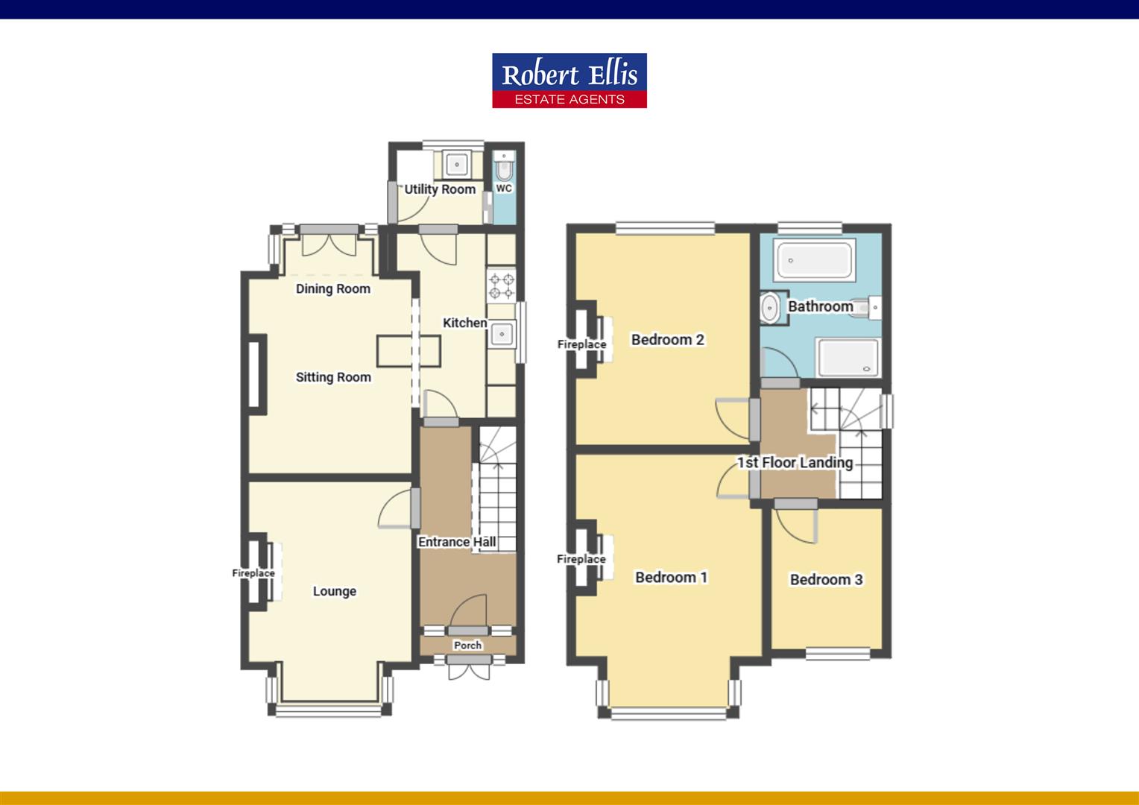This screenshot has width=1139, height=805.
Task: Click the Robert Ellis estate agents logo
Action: coord(569,80)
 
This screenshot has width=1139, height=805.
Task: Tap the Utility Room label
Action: coord(440,189)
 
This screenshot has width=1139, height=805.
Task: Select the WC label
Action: coord(504,189)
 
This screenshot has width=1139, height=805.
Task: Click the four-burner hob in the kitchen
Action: coord(501,286)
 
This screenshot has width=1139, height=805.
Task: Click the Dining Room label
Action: coord(332,288)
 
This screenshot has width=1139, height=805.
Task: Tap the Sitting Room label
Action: coord(333,377)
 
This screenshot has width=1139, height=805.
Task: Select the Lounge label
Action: coord(334,591)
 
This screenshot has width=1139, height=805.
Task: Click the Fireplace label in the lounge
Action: coord(253,573)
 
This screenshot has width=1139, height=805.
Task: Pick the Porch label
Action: coord(467,645)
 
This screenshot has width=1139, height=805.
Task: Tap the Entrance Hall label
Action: coord(456,542)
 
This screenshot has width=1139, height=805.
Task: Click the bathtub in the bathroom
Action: coord(814,261)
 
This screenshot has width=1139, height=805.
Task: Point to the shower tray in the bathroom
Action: coord(848,357)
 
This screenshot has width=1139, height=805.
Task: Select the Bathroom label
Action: coord(820,306)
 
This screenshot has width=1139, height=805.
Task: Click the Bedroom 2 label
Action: coord(667,340)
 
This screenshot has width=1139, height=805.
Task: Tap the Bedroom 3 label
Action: coord(826,579)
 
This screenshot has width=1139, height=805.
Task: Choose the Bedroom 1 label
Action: coord(671,577)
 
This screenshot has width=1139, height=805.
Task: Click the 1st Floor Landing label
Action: coord(795,462)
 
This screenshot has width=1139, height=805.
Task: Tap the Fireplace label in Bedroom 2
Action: coord(581,344)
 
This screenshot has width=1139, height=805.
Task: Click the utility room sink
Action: coord(455,162)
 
